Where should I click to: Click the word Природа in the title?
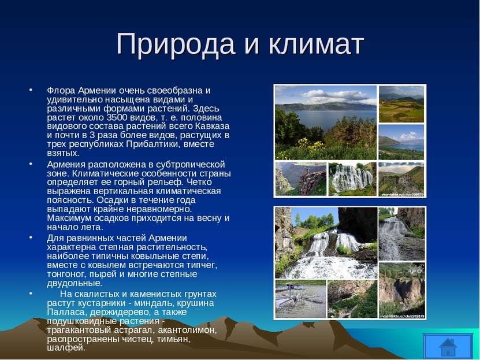click(x=176, y=44)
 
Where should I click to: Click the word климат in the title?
click(x=317, y=44)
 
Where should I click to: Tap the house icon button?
click(x=448, y=346)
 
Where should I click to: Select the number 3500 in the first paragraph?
click(x=118, y=117)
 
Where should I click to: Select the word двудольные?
click(x=75, y=283)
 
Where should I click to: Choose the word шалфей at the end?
click(x=66, y=348)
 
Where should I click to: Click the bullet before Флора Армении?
click(x=31, y=90)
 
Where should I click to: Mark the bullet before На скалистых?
click(x=31, y=294)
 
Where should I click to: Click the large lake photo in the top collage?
click(x=326, y=123)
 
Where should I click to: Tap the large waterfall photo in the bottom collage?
click(x=326, y=243)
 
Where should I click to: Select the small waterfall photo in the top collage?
click(x=352, y=179)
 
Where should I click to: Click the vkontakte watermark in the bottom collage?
click(x=403, y=316)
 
